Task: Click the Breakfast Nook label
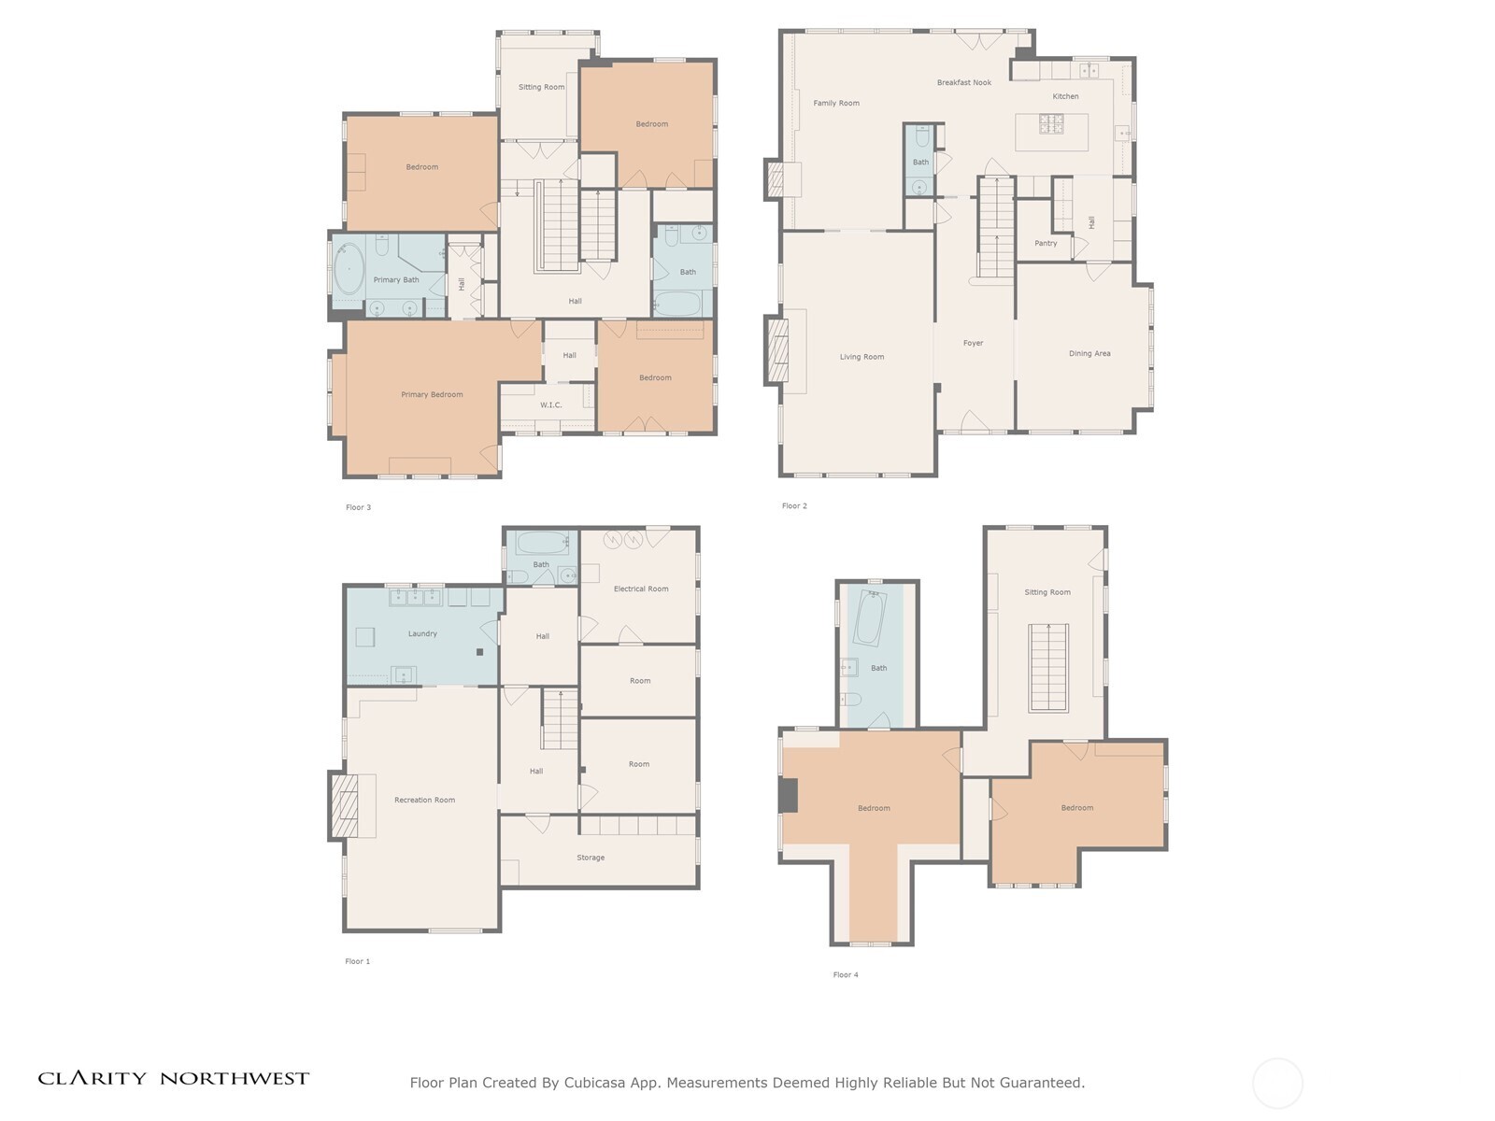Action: coord(964,83)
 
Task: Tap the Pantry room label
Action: coord(1046,244)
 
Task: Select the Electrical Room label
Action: coord(641,589)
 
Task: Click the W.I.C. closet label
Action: coord(551,405)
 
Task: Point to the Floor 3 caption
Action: coord(358,508)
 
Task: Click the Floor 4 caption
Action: coord(846,975)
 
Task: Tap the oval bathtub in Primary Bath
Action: coord(349,268)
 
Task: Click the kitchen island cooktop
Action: coord(1050,123)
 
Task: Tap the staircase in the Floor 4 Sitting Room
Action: coord(1048,668)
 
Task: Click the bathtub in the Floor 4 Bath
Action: coord(869,618)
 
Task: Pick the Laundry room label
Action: coord(422,634)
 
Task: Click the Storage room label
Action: coord(591,858)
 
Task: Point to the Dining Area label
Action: coord(1089,354)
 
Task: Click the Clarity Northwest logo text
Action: coord(174,1079)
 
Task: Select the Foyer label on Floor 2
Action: coord(973,344)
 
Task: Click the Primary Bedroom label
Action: coord(432,395)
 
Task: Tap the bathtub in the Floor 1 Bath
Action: coord(542,542)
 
